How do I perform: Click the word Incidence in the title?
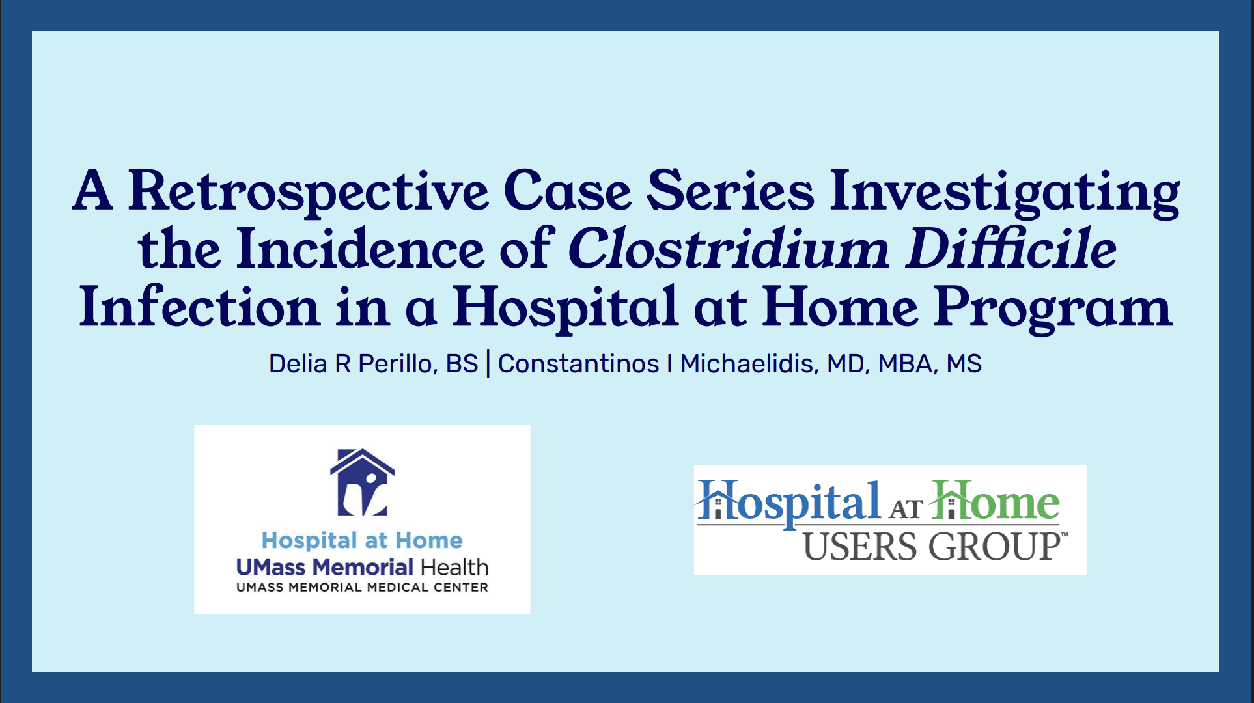(360, 249)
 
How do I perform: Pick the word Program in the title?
(1053, 308)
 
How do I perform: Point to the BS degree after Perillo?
(462, 364)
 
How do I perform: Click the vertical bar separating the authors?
(488, 364)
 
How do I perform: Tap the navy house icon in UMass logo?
(362, 482)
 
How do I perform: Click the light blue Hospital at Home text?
(362, 540)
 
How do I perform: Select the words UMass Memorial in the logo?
(325, 568)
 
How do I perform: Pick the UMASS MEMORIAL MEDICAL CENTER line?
(362, 588)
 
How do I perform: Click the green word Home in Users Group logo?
(995, 501)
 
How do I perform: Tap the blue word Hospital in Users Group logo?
(788, 503)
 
